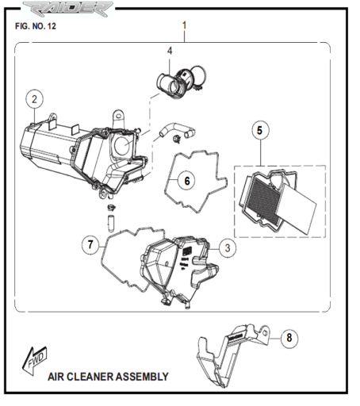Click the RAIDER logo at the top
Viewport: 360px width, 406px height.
coord(67,9)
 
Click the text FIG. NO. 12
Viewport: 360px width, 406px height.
coord(36,26)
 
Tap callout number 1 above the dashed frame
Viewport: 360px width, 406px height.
coord(184,25)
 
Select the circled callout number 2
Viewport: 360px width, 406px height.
coord(35,99)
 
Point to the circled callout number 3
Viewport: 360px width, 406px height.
coord(228,248)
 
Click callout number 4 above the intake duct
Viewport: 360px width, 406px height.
coord(170,51)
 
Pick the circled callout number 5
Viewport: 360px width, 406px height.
coord(260,130)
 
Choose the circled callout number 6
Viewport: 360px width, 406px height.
coord(187,181)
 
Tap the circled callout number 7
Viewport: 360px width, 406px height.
coord(90,244)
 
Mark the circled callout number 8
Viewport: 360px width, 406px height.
coord(289,338)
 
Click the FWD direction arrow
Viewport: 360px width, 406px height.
coord(35,360)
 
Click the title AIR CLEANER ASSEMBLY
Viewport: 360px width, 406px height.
coord(108,377)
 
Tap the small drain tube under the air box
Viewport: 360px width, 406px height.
coord(110,224)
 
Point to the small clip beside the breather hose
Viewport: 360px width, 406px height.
coord(176,138)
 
